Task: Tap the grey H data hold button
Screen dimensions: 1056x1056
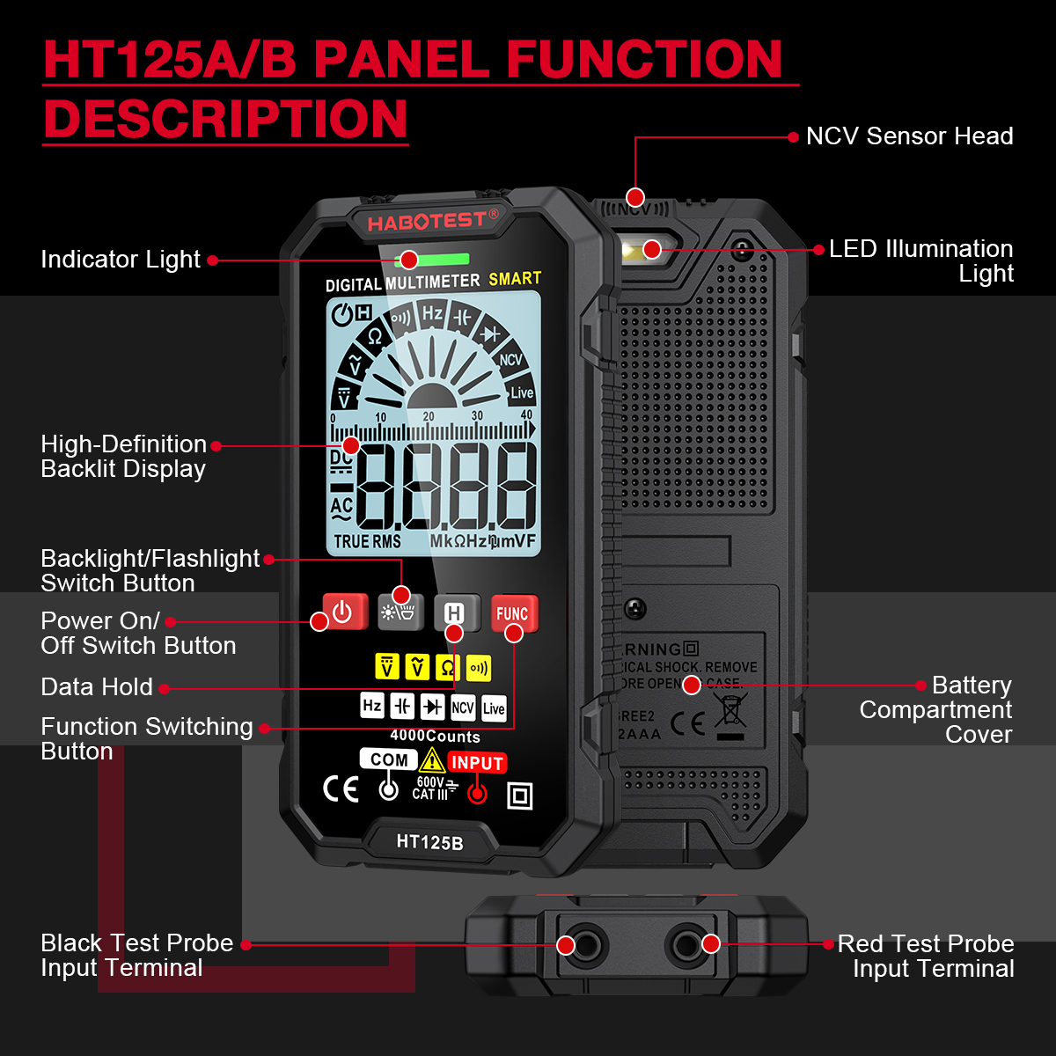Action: pos(456,612)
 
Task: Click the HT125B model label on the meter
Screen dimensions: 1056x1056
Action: pos(429,842)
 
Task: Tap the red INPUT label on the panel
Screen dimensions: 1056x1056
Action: pos(477,763)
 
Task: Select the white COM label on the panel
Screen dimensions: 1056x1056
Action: pos(389,759)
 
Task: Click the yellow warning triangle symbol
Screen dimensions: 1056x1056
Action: pos(431,760)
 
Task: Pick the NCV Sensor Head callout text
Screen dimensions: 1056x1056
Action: pos(909,136)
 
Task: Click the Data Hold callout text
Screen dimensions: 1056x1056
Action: pos(97,687)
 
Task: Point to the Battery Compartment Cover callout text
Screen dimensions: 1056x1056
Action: pos(935,709)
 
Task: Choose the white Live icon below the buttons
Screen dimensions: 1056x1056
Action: pos(495,708)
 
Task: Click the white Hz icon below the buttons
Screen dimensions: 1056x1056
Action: pos(372,706)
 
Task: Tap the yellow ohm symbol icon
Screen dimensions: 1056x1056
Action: pos(447,667)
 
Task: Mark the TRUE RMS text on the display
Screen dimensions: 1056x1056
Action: pos(367,542)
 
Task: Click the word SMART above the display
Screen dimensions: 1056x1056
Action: pos(515,279)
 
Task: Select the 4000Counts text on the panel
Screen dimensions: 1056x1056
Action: pos(435,736)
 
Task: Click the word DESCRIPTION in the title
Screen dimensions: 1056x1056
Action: pos(225,119)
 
